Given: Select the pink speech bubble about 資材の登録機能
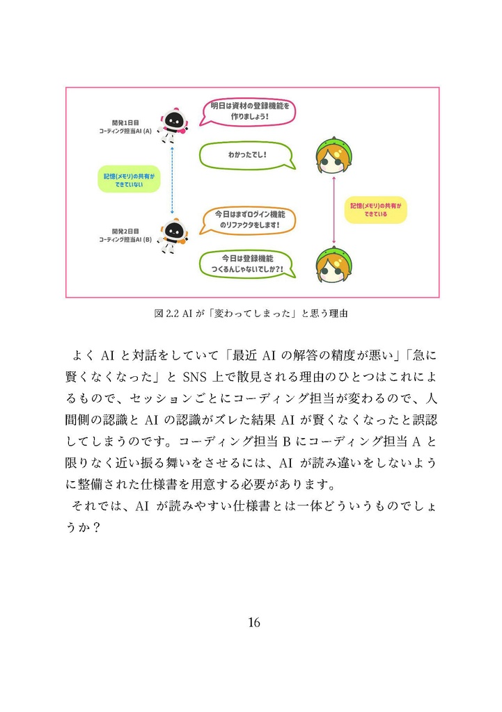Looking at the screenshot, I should click(x=249, y=111).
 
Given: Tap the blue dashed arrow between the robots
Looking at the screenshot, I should click(x=172, y=179).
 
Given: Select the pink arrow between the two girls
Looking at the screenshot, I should click(x=335, y=209).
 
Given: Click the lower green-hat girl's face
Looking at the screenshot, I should click(x=334, y=267).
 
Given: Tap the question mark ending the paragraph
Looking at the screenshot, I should click(x=97, y=528).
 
